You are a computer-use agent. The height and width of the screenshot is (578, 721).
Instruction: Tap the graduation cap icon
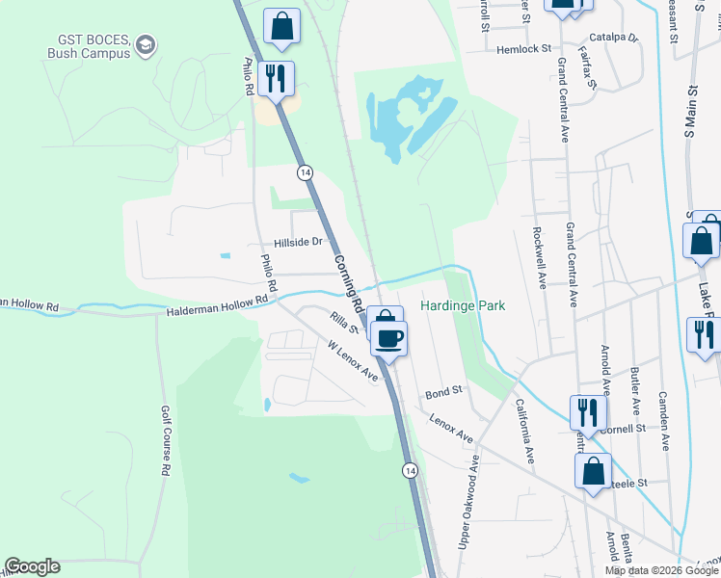(x=145, y=44)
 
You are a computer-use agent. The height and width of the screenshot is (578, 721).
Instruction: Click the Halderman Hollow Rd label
(x=217, y=306)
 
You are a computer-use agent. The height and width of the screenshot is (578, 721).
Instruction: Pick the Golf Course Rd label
(x=164, y=440)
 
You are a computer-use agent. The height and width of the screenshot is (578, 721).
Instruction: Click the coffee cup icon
(x=389, y=338)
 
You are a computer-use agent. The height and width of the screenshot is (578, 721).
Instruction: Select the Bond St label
(x=444, y=392)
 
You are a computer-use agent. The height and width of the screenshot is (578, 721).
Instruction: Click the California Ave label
(x=524, y=433)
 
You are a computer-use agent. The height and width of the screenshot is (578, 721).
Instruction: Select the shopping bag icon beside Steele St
(x=593, y=471)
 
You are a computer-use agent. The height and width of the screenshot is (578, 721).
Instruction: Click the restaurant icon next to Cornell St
(x=587, y=412)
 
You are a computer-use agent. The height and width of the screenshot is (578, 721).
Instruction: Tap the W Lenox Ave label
(x=352, y=359)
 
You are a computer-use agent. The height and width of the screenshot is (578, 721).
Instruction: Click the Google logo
(x=32, y=566)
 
